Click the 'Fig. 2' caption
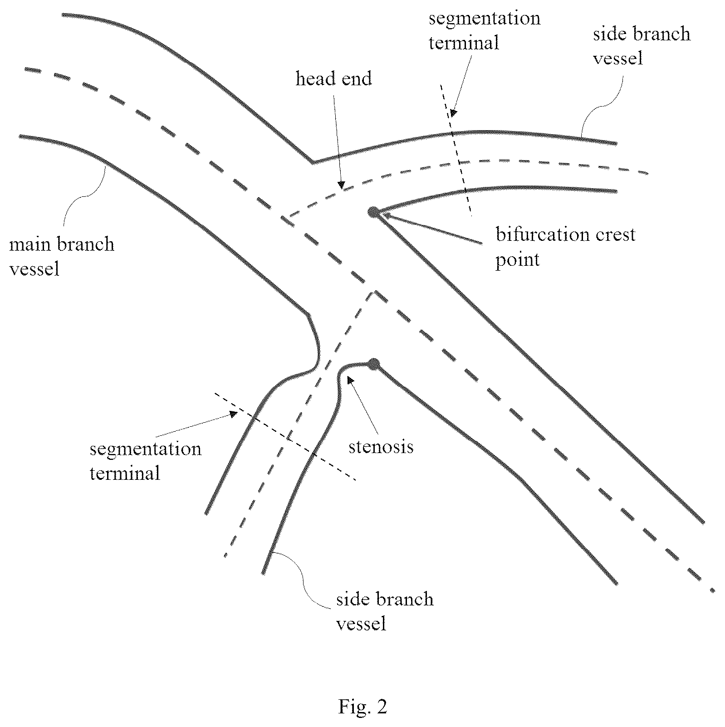click(362, 706)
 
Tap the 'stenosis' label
click(381, 447)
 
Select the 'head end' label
click(333, 78)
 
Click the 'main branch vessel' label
click(61, 256)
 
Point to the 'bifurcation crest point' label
click(565, 247)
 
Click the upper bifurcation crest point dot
click(373, 211)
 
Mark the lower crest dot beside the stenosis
click(374, 364)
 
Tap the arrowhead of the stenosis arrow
click(348, 380)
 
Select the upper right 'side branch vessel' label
click(641, 46)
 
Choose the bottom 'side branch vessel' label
click(384, 611)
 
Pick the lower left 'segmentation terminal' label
click(145, 461)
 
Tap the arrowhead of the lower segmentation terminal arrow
click(233, 414)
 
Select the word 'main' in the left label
click(26, 244)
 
